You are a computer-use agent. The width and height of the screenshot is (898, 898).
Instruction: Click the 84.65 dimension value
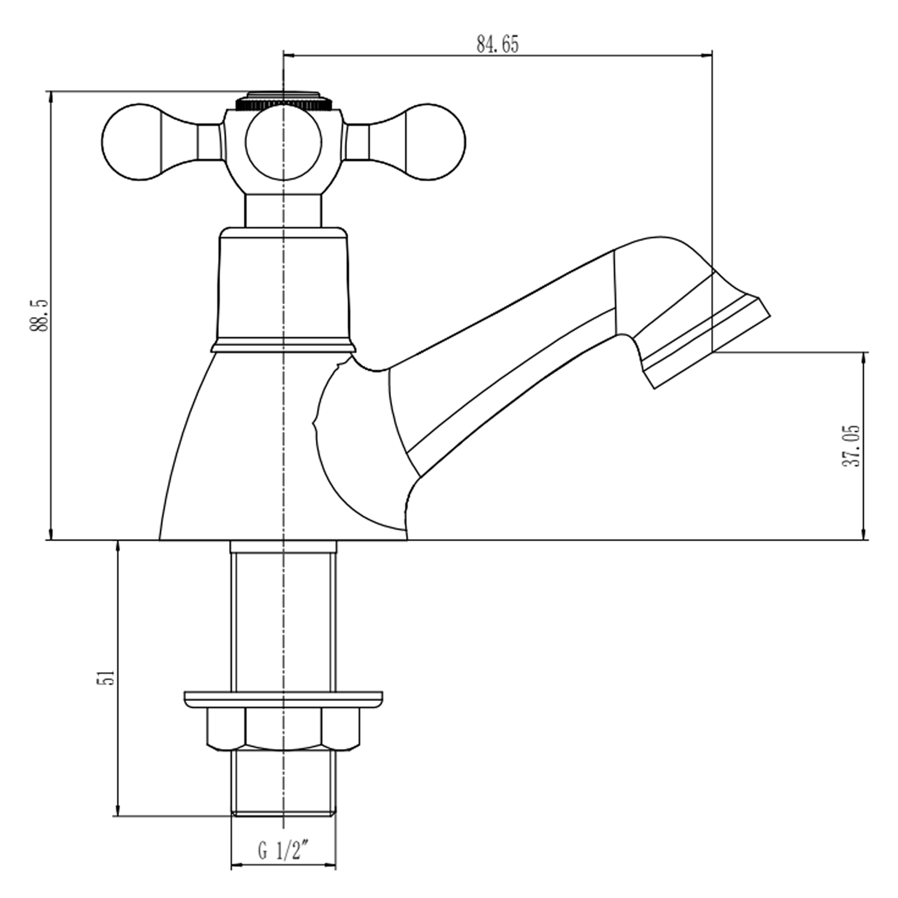click(497, 44)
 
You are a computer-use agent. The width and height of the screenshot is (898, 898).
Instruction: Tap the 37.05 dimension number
click(852, 446)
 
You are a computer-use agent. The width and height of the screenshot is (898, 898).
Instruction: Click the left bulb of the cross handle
click(132, 142)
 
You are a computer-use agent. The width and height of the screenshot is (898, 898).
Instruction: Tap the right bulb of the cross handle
click(434, 142)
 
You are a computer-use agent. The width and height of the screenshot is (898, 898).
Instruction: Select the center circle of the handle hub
click(283, 142)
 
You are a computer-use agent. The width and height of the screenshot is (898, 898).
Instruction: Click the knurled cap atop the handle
click(283, 100)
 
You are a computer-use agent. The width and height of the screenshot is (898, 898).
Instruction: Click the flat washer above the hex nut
click(283, 699)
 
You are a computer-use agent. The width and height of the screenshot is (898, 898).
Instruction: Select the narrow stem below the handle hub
click(283, 211)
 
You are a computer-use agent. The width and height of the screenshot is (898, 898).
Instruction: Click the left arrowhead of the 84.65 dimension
click(287, 56)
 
